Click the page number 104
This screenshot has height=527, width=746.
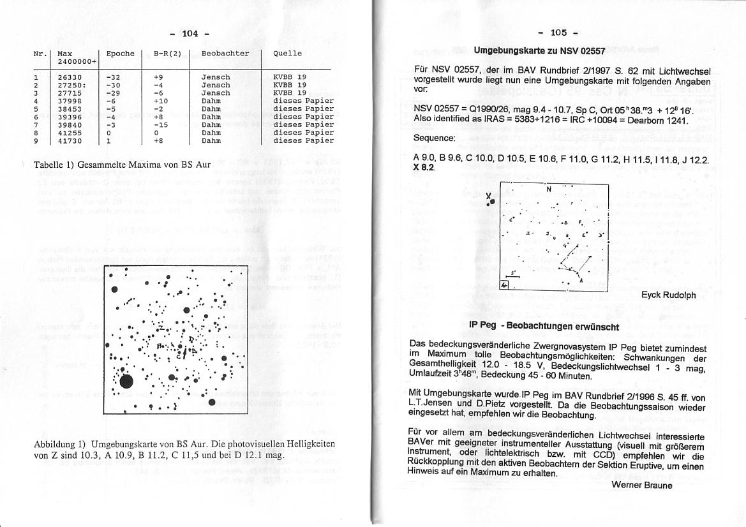(190, 33)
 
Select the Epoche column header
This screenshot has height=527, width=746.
(120, 54)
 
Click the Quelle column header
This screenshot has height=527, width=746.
(287, 54)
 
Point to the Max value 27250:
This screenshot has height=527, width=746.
(71, 85)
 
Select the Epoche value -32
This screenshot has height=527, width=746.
(114, 77)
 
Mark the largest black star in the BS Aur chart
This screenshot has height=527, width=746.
(126, 382)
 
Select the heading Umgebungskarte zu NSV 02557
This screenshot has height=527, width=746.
(539, 50)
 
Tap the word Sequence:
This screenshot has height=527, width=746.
(434, 138)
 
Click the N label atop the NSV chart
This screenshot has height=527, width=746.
(548, 189)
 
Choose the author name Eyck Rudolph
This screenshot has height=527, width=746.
(668, 295)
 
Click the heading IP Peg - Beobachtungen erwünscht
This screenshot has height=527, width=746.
(544, 326)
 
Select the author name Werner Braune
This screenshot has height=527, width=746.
(641, 485)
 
